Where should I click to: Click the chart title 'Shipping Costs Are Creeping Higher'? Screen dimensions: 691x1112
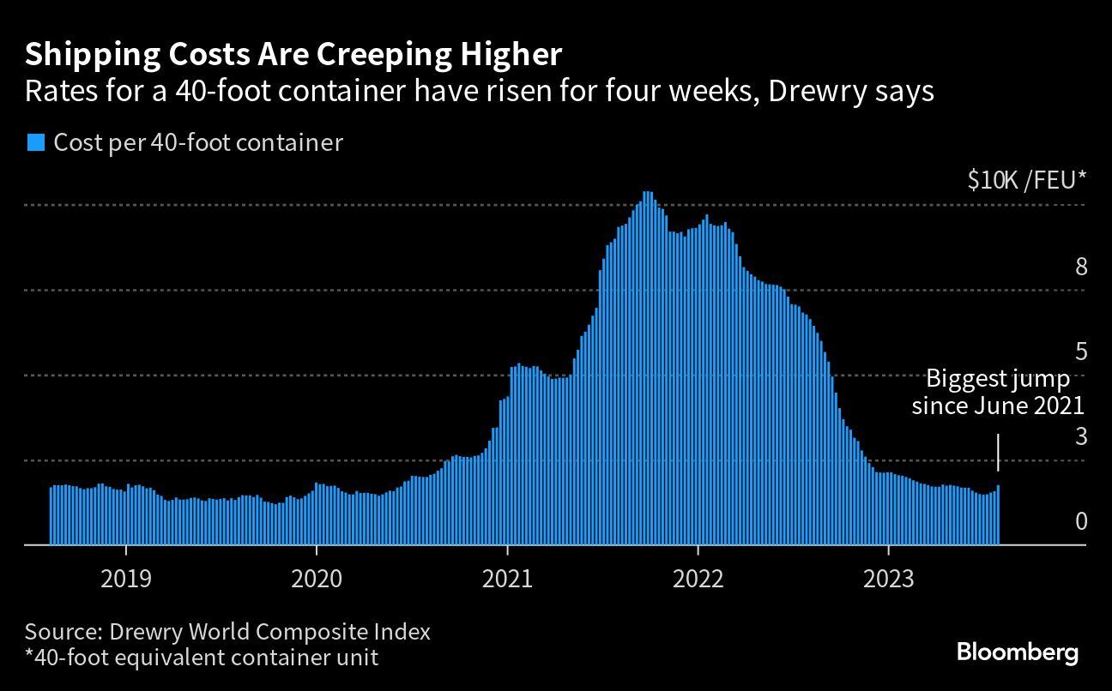pyautogui.click(x=293, y=54)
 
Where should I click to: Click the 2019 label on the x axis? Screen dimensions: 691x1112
pyautogui.click(x=126, y=580)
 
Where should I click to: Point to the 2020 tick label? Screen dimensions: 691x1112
pyautogui.click(x=317, y=580)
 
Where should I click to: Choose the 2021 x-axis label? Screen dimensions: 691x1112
pyautogui.click(x=507, y=580)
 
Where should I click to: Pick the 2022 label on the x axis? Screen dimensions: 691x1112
pyautogui.click(x=698, y=580)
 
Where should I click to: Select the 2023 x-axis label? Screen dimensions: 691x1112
pyautogui.click(x=889, y=580)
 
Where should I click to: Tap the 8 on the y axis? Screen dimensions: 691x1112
pyautogui.click(x=1080, y=267)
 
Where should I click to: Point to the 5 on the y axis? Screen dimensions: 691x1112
pyautogui.click(x=1080, y=352)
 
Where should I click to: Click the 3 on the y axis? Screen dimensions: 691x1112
pyautogui.click(x=1080, y=436)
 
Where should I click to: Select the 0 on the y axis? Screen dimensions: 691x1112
pyautogui.click(x=1080, y=521)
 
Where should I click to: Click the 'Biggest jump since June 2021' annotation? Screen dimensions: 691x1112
pyautogui.click(x=998, y=392)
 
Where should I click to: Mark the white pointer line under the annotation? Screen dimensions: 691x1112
pyautogui.click(x=998, y=452)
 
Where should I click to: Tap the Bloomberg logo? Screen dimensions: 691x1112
pyautogui.click(x=1018, y=652)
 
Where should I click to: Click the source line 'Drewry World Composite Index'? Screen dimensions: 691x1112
pyautogui.click(x=227, y=633)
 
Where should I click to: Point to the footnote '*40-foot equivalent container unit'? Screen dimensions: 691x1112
pyautogui.click(x=202, y=658)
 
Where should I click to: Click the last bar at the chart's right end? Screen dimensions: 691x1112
pyautogui.click(x=998, y=515)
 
